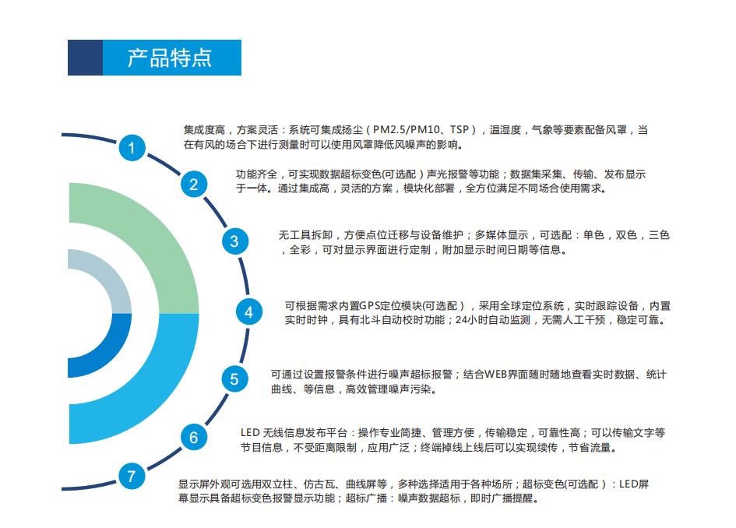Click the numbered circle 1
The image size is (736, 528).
(132, 148)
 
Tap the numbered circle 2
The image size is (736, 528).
(194, 184)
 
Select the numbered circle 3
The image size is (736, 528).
(234, 241)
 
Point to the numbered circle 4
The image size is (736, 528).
(248, 312)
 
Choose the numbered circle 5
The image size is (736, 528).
(234, 378)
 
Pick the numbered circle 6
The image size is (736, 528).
(194, 437)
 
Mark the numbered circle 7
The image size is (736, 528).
(132, 476)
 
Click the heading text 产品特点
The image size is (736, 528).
(170, 58)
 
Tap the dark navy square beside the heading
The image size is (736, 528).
(85, 58)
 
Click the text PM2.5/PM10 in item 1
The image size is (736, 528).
(407, 130)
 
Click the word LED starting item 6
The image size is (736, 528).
(250, 433)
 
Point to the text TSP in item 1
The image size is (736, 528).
(460, 130)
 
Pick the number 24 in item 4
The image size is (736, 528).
(461, 320)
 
